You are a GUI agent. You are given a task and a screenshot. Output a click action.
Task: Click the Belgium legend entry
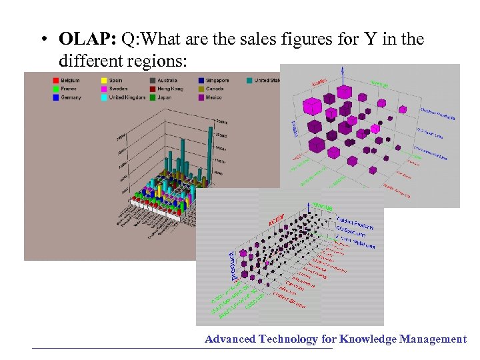[69, 80]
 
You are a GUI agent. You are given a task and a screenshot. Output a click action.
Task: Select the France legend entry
[68, 89]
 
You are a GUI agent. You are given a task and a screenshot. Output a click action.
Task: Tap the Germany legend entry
[70, 97]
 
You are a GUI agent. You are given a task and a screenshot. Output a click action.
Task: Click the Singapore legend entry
[217, 80]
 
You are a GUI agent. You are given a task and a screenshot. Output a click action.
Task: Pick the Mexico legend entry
[214, 97]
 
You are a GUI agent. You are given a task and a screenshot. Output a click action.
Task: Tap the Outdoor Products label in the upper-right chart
[437, 114]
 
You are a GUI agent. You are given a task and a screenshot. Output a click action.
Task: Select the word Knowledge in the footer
[367, 339]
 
